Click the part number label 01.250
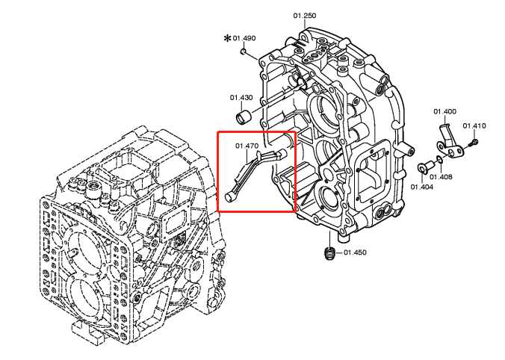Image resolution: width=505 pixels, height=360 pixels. pyautogui.click(x=304, y=16)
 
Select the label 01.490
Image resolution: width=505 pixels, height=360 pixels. pyautogui.click(x=244, y=38)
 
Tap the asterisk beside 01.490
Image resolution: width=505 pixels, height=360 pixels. pyautogui.click(x=228, y=37)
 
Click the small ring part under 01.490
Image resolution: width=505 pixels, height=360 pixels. pyautogui.click(x=244, y=52)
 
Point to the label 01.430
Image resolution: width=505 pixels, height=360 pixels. pyautogui.click(x=241, y=98)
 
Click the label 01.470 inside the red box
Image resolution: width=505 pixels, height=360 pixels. pyautogui.click(x=247, y=146)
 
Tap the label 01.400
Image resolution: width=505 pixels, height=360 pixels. pyautogui.click(x=444, y=112)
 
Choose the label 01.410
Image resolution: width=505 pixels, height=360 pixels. pyautogui.click(x=474, y=126)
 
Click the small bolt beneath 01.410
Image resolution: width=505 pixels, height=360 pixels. pyautogui.click(x=474, y=141)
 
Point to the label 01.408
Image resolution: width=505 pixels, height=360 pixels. pyautogui.click(x=442, y=177)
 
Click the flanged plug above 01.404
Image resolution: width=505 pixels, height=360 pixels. pyautogui.click(x=425, y=167)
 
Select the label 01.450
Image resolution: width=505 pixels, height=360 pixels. pyautogui.click(x=356, y=253)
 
